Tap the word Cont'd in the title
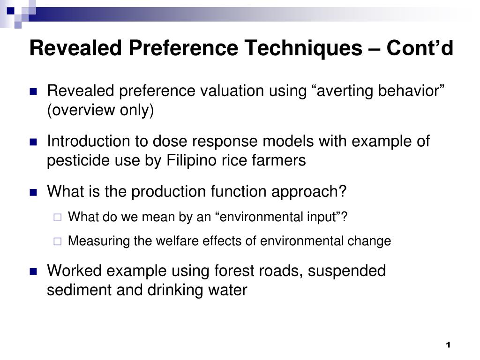tap(420, 48)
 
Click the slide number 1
tap(448, 345)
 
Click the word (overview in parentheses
tap(81, 110)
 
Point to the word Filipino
tap(191, 161)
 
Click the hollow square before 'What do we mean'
tap(57, 217)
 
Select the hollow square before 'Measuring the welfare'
tap(57, 241)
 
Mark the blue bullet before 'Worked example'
tap(33, 271)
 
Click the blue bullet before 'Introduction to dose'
tap(33, 142)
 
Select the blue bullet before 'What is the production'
tap(33, 192)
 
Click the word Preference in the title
tap(183, 48)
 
